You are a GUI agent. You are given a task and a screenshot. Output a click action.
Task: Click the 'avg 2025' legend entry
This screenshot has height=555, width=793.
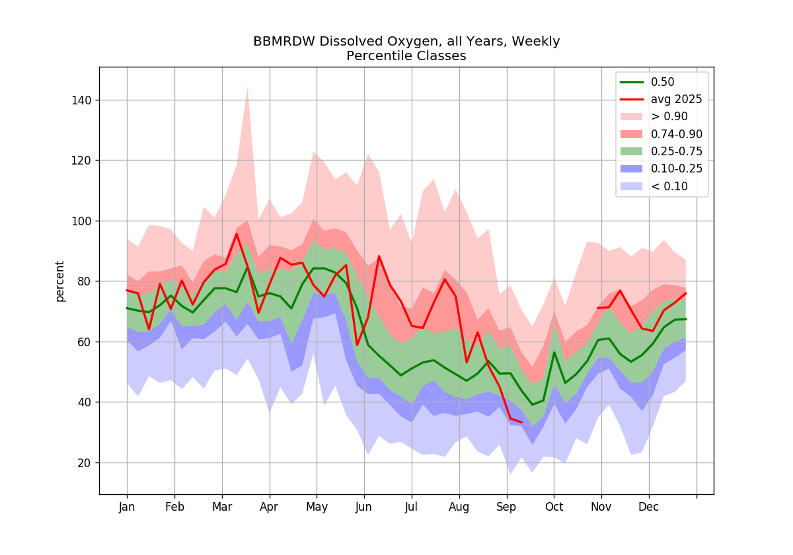coord(661,100)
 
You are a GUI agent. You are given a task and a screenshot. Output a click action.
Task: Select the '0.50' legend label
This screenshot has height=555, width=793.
coord(663,82)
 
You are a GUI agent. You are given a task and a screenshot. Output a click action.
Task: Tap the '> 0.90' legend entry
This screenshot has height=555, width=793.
coord(654,117)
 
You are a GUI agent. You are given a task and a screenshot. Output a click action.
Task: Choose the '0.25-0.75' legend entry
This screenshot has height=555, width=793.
coord(661,151)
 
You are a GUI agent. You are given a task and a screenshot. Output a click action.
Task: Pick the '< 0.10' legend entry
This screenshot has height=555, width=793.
coord(654,186)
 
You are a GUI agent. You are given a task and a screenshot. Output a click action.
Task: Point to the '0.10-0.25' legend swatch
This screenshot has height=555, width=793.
coord(632,169)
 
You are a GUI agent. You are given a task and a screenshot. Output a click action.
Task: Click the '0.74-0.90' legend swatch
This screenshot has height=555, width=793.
coord(632,134)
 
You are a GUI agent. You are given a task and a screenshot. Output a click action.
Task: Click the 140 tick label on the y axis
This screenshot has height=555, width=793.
coord(81,100)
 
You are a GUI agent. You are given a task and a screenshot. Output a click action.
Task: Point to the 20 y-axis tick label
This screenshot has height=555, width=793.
coord(85,463)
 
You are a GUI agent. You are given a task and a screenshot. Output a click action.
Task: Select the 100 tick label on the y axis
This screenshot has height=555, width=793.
coord(81,221)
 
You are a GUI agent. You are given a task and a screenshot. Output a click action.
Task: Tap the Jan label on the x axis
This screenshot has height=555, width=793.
coord(127,507)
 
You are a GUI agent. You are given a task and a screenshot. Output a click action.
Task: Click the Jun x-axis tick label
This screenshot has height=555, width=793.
coord(363,507)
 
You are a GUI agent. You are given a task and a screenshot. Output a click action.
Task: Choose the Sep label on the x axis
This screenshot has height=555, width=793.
coord(506,507)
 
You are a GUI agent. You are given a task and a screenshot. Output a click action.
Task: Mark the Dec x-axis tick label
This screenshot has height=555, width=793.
coord(648,507)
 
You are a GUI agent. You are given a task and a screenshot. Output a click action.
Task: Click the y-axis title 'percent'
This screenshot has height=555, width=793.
coord(60,281)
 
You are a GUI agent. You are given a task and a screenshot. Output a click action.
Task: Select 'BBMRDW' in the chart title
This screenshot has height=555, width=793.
coord(284,42)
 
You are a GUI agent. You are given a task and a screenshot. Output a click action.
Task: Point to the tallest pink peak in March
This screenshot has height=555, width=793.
coord(247,87)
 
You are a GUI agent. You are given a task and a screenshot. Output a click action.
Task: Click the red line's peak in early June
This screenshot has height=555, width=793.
coord(379,256)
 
